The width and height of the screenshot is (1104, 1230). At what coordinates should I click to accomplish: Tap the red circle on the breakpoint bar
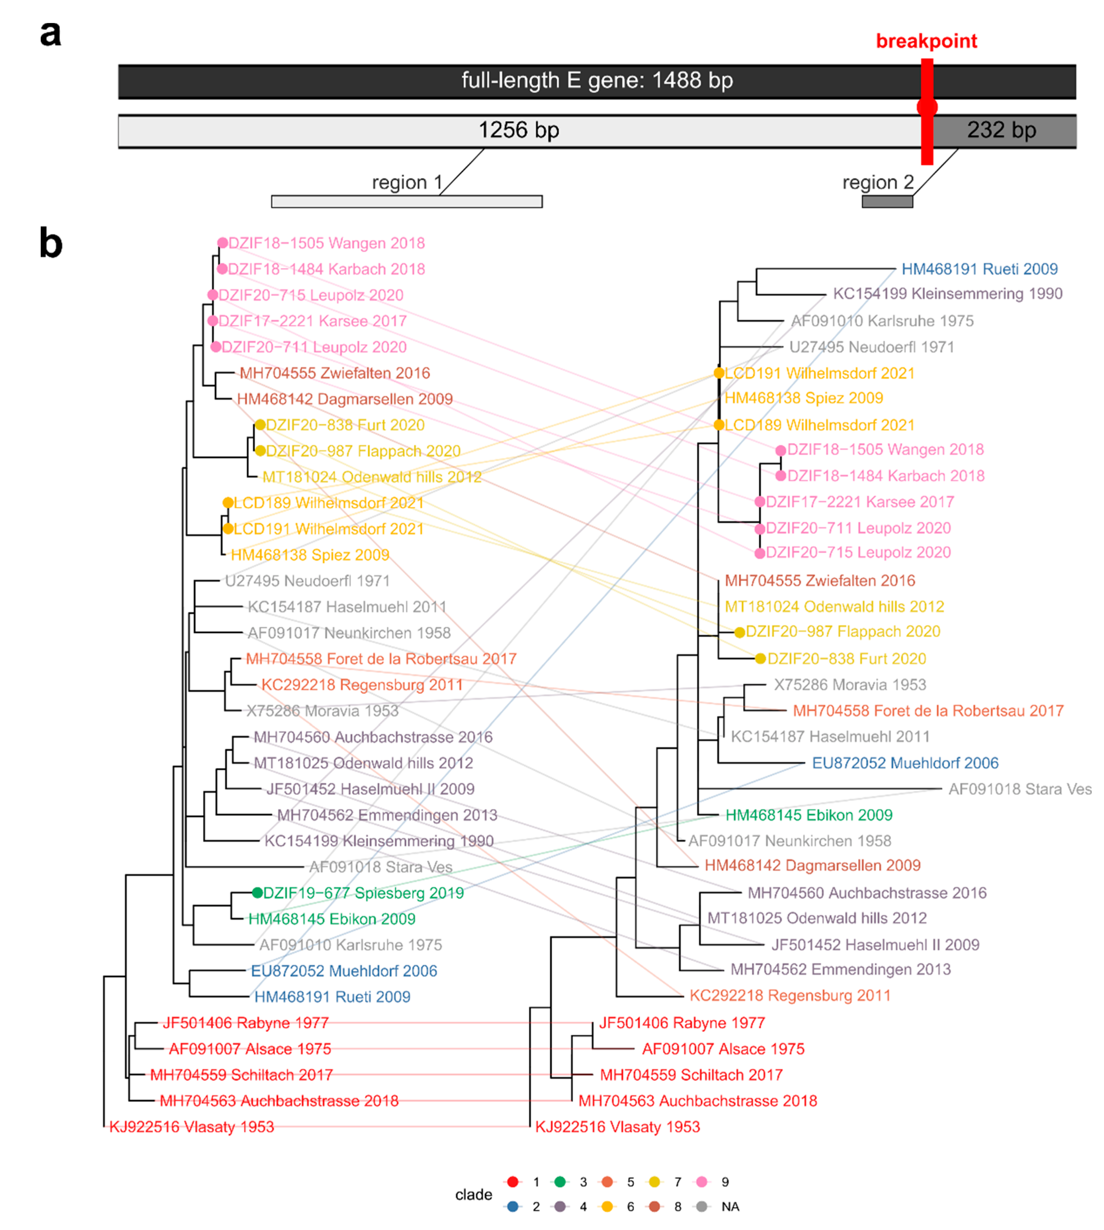927,107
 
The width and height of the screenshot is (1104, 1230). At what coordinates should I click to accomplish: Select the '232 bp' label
1001,130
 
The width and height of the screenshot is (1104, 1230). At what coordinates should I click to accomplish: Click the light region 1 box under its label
407,201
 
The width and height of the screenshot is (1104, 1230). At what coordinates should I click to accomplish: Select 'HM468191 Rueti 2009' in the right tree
979,269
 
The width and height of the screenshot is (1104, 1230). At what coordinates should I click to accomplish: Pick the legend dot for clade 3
560,1182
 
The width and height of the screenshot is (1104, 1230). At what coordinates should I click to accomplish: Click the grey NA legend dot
702,1206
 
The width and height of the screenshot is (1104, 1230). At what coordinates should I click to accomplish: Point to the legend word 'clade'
474,1194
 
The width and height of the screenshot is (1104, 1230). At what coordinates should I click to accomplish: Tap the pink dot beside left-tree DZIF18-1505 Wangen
223,243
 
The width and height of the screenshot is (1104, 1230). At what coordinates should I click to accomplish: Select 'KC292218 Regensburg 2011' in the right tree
790,995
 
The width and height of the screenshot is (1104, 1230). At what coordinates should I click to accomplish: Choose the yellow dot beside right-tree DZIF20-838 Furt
760,659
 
